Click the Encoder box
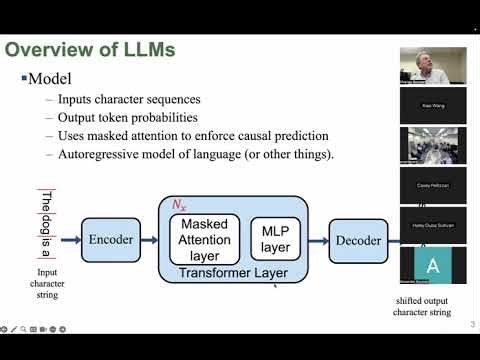point(110,239)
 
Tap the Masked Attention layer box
point(206,239)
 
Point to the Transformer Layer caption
point(233,272)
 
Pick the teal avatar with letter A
point(432,265)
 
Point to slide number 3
point(471,326)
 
